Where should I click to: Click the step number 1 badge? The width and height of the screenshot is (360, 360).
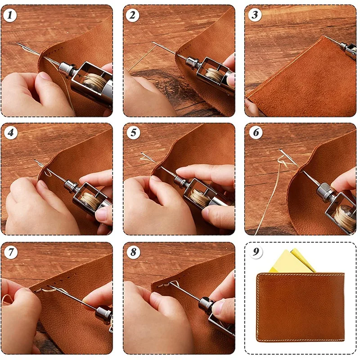tap(10, 15)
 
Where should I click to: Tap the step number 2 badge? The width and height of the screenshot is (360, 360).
tap(132, 15)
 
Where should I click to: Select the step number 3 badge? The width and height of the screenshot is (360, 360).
tap(255, 15)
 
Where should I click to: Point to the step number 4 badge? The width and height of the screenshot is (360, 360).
tap(11, 132)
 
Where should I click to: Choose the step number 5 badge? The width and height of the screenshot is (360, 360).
tap(133, 132)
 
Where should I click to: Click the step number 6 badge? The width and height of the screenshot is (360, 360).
tap(256, 132)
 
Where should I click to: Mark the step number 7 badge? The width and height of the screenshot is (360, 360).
tap(11, 252)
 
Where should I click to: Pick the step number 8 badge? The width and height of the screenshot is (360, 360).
tap(133, 252)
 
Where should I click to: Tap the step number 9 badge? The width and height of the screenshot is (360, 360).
tap(256, 252)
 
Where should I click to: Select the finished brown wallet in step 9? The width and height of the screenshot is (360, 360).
tap(300, 307)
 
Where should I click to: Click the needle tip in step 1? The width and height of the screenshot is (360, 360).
tap(17, 43)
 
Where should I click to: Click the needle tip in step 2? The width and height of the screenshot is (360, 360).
tap(153, 42)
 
